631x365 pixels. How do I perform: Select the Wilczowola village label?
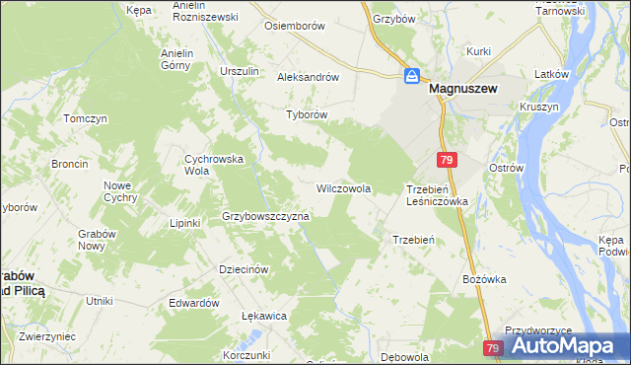click(342, 187)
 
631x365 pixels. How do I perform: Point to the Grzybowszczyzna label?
click(265, 216)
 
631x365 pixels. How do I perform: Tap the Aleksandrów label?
click(308, 76)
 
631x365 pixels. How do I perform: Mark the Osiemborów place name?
click(294, 26)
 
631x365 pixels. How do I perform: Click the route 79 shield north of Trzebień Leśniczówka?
click(447, 160)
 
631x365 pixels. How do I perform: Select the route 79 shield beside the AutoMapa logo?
click(494, 348)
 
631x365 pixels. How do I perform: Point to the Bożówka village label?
click(483, 279)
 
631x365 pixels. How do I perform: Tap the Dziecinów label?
click(244, 268)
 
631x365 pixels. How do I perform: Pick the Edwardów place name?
click(193, 303)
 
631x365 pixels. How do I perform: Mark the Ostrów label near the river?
click(505, 169)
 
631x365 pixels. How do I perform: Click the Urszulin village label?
click(239, 71)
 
